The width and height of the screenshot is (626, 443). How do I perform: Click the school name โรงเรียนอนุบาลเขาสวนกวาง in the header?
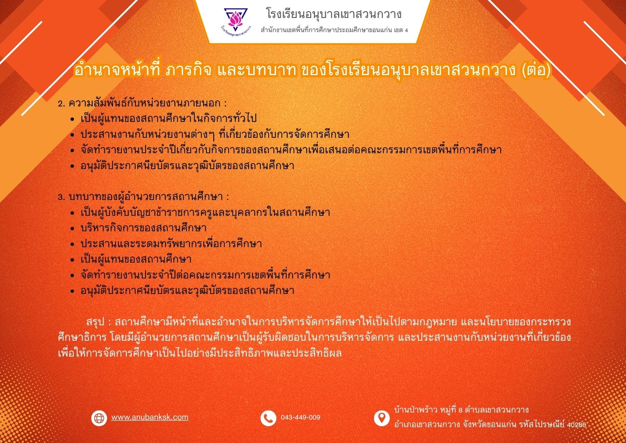click(334, 14)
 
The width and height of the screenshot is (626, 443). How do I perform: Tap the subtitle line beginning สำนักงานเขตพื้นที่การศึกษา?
click(334, 30)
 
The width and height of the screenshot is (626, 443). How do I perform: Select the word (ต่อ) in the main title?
click(536, 70)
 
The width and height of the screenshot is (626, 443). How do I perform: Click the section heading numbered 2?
click(142, 103)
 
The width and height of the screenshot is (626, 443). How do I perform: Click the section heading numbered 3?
click(144, 197)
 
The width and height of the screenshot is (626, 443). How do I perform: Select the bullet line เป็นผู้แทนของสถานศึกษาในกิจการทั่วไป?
click(169, 119)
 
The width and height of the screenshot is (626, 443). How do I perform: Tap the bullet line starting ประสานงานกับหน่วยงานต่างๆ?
click(215, 134)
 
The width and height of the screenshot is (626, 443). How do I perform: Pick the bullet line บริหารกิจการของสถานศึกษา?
click(144, 228)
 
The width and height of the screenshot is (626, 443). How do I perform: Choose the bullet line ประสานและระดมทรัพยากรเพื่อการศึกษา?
click(171, 244)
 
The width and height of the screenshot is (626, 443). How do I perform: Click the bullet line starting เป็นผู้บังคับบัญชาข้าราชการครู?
click(205, 212)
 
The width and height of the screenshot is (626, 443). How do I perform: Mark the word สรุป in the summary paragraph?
click(95, 322)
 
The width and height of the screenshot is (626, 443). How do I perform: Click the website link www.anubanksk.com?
click(150, 417)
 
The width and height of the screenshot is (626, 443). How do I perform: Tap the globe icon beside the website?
click(99, 418)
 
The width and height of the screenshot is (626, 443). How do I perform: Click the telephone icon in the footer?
click(268, 418)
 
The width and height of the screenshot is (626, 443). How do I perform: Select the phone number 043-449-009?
click(300, 418)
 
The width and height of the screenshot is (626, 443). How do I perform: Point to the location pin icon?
click(382, 418)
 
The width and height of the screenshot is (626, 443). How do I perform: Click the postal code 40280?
click(576, 425)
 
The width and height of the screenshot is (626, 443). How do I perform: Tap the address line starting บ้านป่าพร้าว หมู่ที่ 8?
click(462, 410)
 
